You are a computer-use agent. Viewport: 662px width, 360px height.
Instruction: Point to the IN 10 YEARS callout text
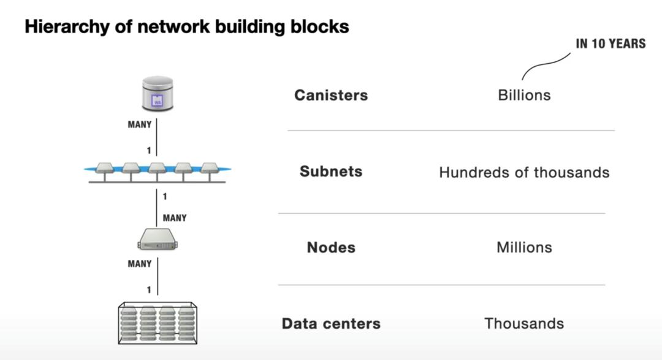coord(611,44)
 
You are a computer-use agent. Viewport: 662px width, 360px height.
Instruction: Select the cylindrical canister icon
coord(158,94)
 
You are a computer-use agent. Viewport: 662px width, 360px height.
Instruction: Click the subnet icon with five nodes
coord(157,172)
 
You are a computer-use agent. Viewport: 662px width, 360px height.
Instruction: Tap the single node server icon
coord(158,239)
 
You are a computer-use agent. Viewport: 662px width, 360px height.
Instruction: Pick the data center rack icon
coord(158,323)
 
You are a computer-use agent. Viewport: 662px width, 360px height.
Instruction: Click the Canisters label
coord(331,95)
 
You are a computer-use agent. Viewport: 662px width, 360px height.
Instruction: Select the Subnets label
coord(331,171)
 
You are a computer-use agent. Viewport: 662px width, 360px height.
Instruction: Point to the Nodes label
coord(331,247)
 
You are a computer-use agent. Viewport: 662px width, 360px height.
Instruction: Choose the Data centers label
coord(331,323)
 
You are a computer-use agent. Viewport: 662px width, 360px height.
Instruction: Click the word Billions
coord(524,95)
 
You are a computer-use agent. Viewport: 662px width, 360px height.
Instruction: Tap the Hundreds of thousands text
coord(524,172)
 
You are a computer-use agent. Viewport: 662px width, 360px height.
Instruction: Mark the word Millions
coord(524,247)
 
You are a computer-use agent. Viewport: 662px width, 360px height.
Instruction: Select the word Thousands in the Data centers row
coord(524,323)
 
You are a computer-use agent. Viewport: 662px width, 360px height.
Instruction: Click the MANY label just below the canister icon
coord(140,124)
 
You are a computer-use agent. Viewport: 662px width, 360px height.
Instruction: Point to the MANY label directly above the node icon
coord(175,218)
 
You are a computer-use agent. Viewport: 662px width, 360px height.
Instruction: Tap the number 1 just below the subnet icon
coord(165,196)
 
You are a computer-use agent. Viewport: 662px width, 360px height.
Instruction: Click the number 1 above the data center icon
coord(148,290)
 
